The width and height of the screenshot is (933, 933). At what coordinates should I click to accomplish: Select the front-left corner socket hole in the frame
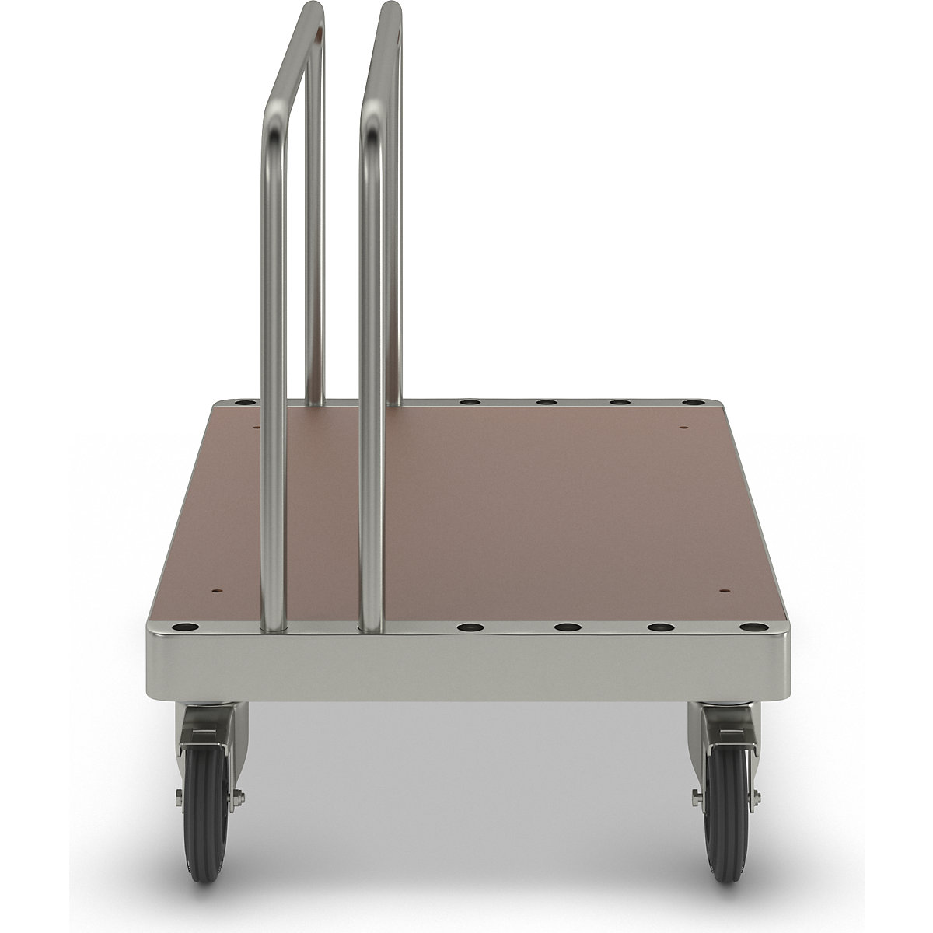185,627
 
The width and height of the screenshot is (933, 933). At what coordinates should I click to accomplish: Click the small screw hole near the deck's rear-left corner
257,426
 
